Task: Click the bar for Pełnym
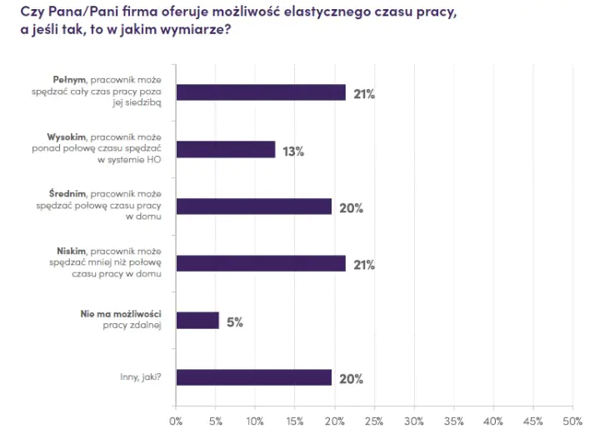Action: point(260,92)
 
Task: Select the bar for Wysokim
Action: point(225,149)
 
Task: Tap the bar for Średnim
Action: point(253,207)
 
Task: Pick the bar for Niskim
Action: point(260,263)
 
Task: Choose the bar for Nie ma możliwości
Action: point(197,321)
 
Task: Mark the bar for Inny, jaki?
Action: point(253,377)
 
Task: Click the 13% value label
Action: point(292,151)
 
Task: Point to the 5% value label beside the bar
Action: point(234,322)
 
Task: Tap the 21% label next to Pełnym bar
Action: point(363,94)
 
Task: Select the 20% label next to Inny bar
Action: point(351,379)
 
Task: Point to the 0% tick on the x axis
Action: point(176,421)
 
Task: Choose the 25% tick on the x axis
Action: point(374,421)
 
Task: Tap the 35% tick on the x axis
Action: point(454,421)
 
